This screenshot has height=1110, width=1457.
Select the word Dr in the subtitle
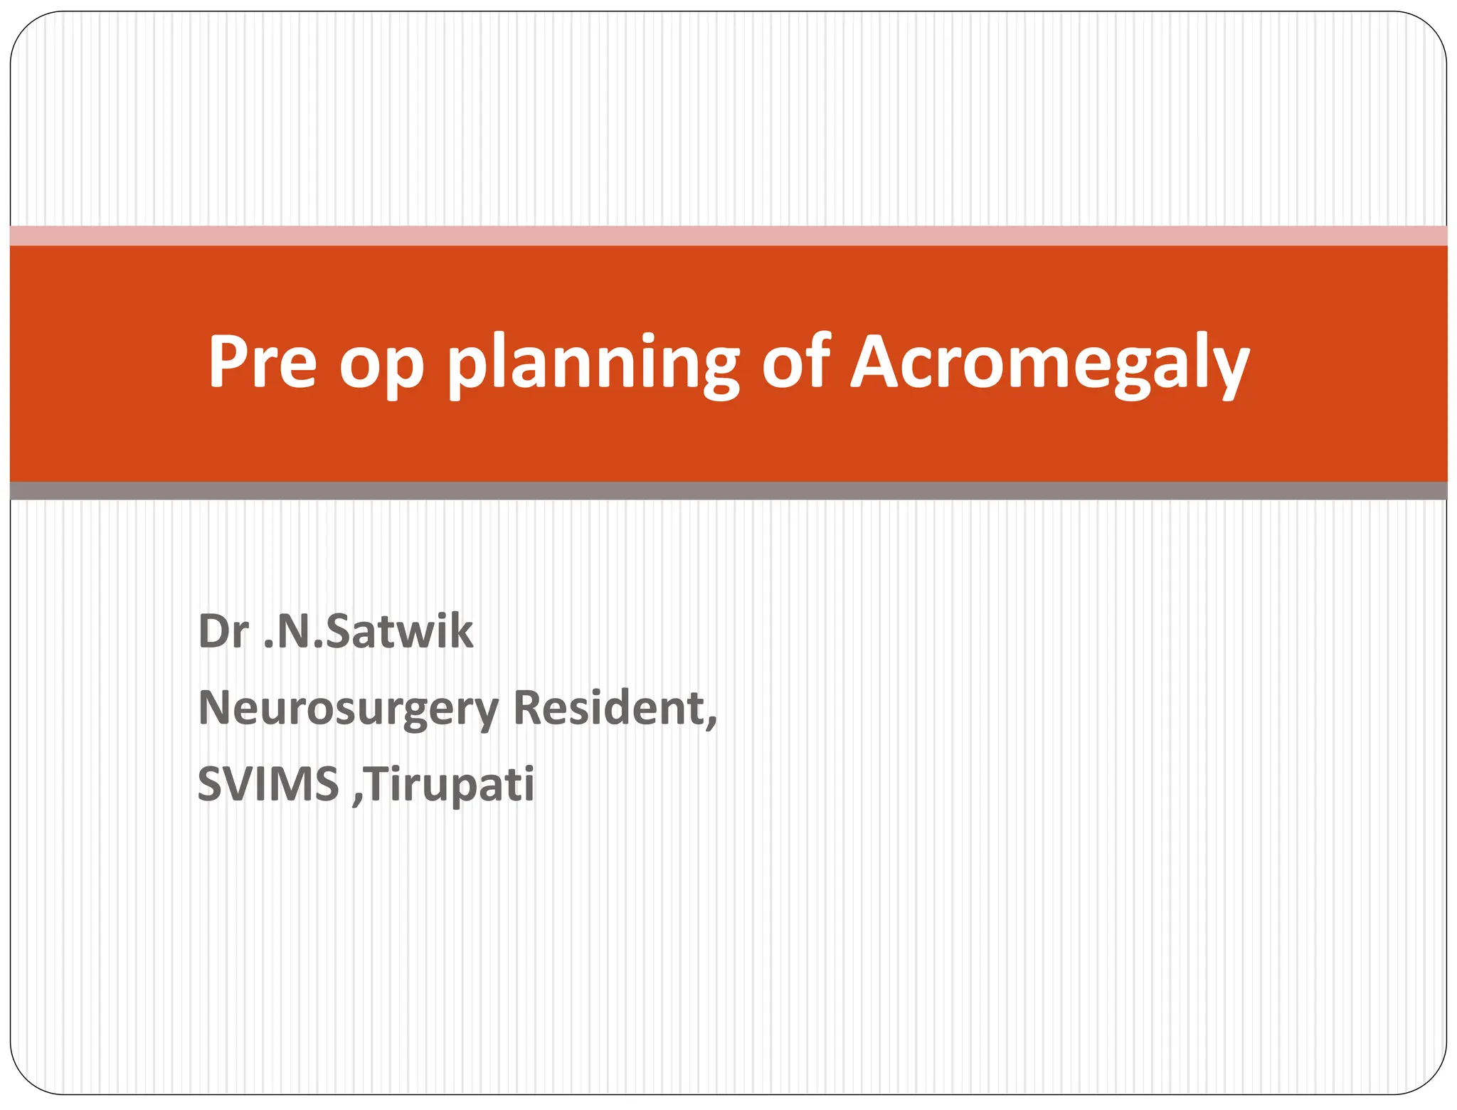click(223, 631)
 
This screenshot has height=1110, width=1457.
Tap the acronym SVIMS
click(267, 783)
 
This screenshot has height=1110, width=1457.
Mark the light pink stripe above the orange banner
click(728, 236)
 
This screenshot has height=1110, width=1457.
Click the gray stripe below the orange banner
click(728, 490)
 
